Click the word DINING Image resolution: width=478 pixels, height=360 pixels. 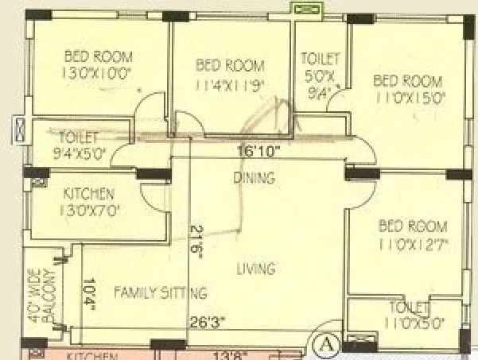pos(254,176)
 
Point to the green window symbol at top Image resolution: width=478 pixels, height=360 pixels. pos(304,10)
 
